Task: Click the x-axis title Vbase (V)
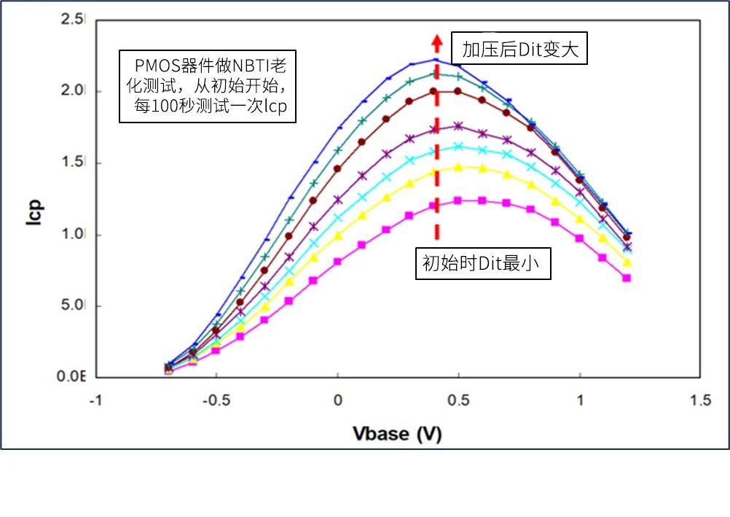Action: pos(397,434)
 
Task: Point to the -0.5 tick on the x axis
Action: pos(216,400)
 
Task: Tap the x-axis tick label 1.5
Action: pos(701,400)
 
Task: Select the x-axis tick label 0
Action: pos(337,400)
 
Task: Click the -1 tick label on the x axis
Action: pos(95,400)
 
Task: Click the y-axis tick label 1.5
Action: pos(75,163)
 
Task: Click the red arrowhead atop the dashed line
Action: pos(436,40)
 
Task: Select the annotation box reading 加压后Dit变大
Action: pos(519,50)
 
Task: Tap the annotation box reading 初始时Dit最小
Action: pos(482,264)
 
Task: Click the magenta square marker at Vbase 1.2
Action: pos(627,278)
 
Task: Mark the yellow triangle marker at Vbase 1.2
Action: pos(627,263)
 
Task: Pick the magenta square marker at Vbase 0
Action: pos(337,261)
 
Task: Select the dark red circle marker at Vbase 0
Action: pos(337,168)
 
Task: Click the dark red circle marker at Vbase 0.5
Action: pos(458,91)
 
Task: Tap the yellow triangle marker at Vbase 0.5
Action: pos(458,167)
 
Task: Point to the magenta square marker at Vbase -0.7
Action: pos(169,370)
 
